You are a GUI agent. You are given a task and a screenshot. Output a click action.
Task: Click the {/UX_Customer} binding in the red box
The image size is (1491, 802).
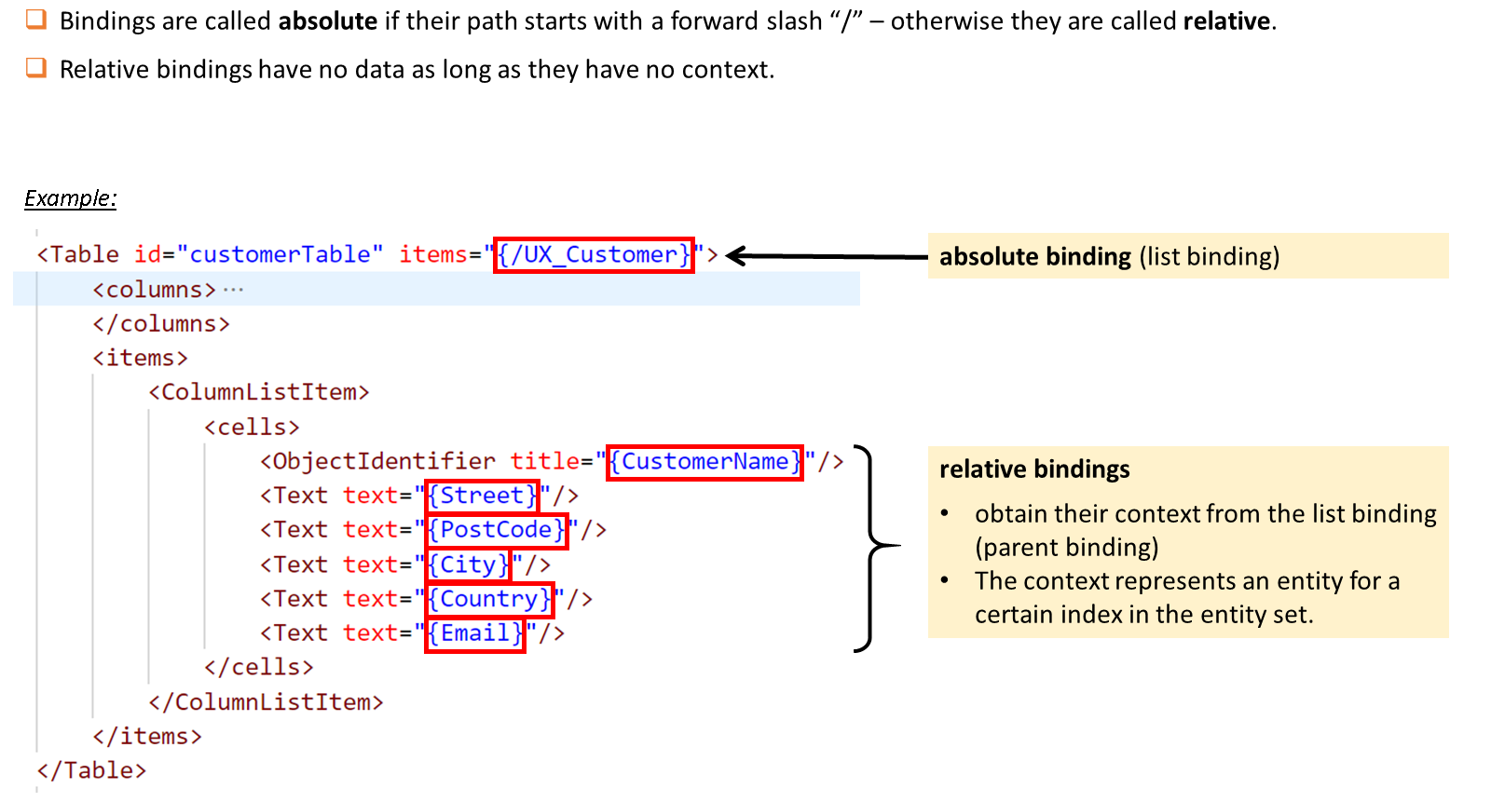click(594, 255)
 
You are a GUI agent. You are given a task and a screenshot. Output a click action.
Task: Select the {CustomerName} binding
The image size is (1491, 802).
click(704, 462)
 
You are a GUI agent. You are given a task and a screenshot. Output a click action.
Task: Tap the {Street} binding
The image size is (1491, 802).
click(482, 496)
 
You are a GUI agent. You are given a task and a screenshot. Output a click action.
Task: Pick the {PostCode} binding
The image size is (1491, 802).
click(497, 530)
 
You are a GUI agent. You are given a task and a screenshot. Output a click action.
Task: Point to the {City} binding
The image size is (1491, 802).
click(468, 565)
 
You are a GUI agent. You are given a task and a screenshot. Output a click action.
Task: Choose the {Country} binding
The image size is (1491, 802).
click(489, 599)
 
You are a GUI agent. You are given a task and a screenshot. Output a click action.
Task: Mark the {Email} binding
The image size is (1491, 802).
click(475, 633)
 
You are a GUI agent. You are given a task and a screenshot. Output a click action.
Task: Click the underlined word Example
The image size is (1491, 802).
click(71, 198)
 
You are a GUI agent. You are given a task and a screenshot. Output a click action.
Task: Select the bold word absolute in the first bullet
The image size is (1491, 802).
click(328, 21)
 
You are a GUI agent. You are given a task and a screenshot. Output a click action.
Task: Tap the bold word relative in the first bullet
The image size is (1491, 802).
click(1226, 21)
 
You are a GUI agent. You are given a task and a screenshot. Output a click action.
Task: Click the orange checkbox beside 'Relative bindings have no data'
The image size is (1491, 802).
click(36, 68)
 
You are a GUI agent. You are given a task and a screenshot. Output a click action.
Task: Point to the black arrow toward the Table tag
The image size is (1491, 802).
click(827, 255)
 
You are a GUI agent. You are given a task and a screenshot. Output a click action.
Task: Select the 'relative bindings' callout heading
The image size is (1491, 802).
click(1034, 469)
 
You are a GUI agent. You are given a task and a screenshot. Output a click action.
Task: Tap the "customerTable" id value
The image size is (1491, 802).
click(280, 254)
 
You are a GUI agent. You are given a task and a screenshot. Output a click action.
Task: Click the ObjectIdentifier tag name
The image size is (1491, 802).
click(384, 461)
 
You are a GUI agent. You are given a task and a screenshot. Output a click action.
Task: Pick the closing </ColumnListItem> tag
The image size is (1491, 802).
click(267, 702)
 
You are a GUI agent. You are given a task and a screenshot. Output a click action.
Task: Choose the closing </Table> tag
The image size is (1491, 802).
click(92, 770)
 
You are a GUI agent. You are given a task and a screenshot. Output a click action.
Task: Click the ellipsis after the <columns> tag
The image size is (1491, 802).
click(233, 290)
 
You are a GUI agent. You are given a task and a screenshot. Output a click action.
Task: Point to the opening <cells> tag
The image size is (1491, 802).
click(253, 427)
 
